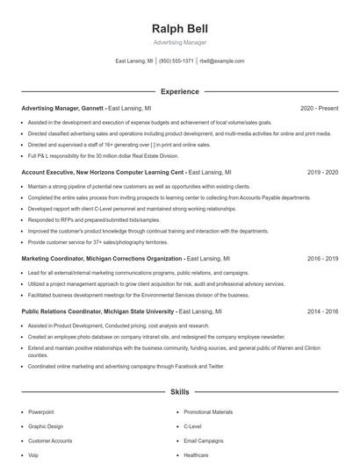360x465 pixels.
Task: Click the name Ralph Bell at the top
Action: point(179,29)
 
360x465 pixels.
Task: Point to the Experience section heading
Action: point(179,91)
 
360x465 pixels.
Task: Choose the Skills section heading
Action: point(179,391)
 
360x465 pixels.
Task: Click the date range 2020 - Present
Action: point(320,109)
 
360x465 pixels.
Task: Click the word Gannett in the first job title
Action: point(90,109)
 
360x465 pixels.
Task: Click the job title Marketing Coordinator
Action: point(52,260)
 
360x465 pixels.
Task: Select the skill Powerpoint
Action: point(41,411)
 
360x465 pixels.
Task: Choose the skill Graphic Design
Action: point(45,426)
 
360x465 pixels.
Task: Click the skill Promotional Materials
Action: point(208,411)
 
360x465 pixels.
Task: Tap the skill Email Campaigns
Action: point(204,440)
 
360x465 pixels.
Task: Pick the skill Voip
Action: point(34,455)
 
